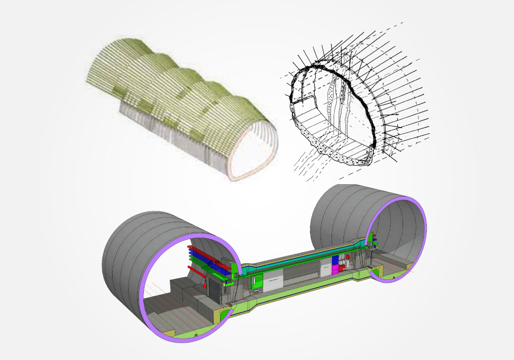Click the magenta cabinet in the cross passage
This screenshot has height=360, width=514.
(x=335, y=269)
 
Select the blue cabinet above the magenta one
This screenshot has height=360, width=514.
(x=335, y=260)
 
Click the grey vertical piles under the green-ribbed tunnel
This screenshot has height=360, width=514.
(x=154, y=123)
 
